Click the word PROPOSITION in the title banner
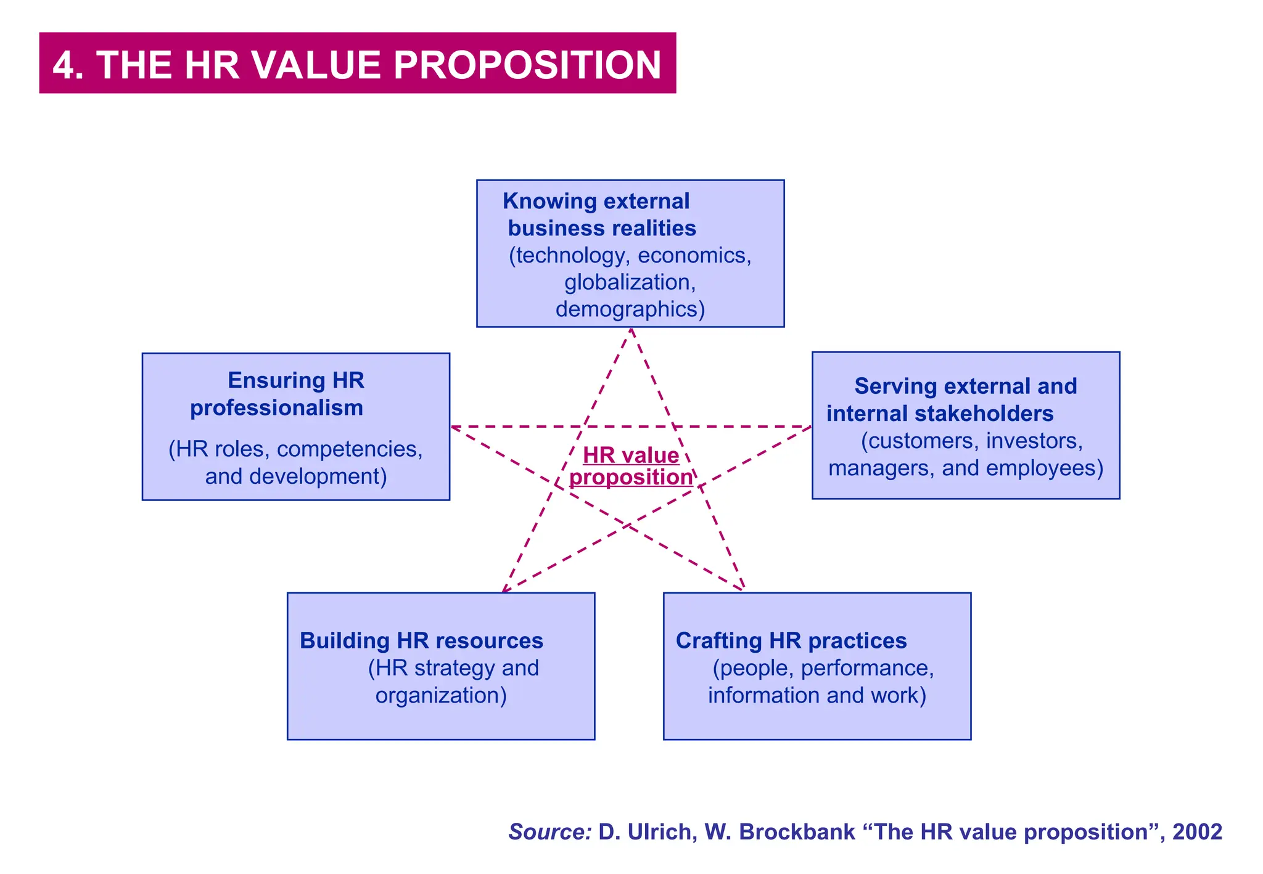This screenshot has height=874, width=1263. (x=527, y=65)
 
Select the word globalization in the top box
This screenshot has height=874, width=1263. (x=630, y=282)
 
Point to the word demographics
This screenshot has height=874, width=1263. (x=630, y=309)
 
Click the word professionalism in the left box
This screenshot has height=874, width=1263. (x=276, y=408)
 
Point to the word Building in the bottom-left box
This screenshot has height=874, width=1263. (x=345, y=641)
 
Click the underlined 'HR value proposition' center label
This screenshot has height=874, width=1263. (x=631, y=466)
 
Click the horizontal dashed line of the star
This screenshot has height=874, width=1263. (x=631, y=427)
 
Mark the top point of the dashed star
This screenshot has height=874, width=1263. (x=631, y=329)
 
